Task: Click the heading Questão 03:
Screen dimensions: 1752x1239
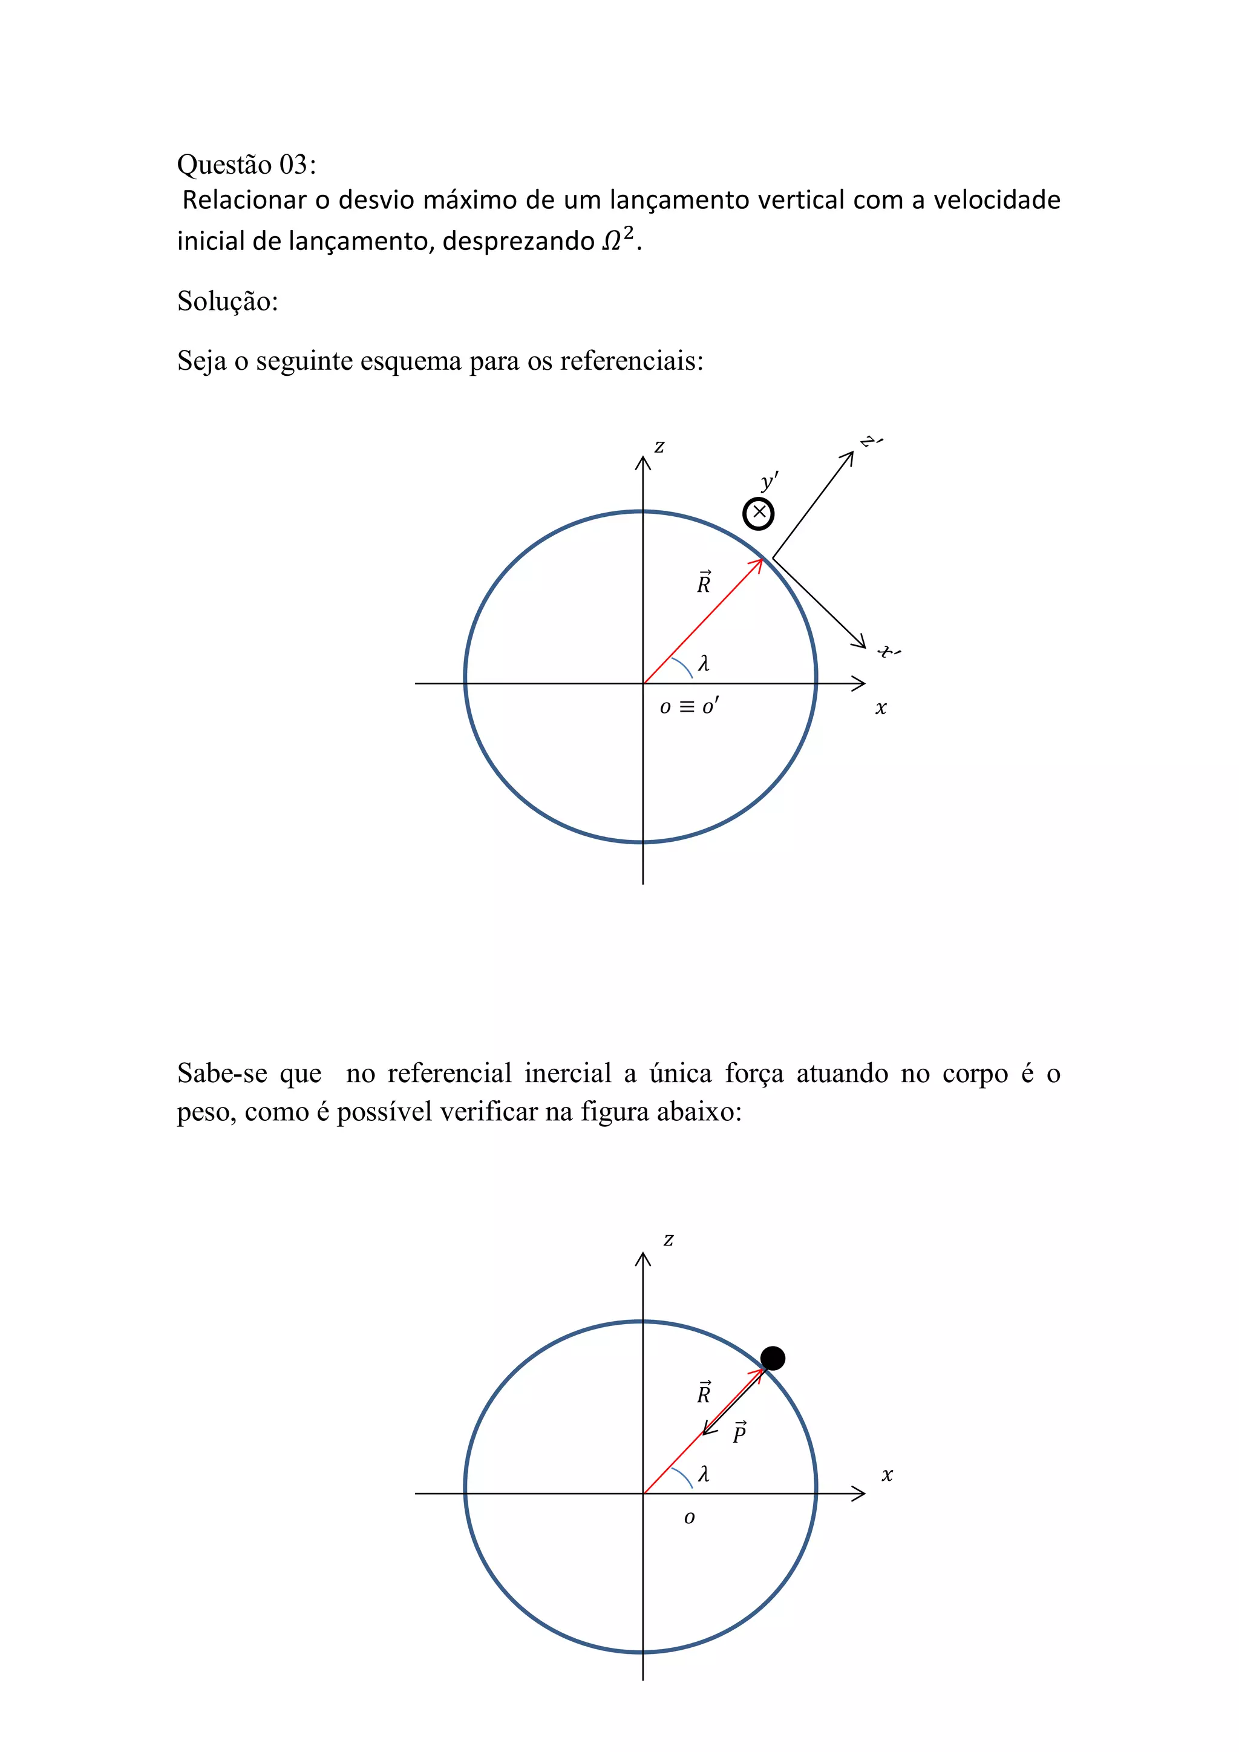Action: tap(246, 165)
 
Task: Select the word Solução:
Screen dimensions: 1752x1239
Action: tap(227, 301)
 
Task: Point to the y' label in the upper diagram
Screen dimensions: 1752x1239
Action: tap(769, 482)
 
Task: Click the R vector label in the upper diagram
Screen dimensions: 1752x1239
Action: tap(704, 582)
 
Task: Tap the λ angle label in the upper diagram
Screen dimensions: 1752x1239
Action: tap(704, 663)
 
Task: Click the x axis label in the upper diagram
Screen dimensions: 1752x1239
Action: tap(881, 708)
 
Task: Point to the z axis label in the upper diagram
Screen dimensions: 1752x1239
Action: tap(659, 447)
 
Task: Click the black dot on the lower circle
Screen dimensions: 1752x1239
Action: tap(773, 1357)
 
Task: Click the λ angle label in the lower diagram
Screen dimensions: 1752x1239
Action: tap(704, 1474)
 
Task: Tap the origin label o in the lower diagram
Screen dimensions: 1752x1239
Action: tap(689, 1518)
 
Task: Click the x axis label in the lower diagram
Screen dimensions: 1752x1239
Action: tap(886, 1475)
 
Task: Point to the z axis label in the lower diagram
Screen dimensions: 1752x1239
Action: tap(669, 1239)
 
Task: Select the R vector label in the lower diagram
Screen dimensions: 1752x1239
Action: tap(704, 1393)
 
